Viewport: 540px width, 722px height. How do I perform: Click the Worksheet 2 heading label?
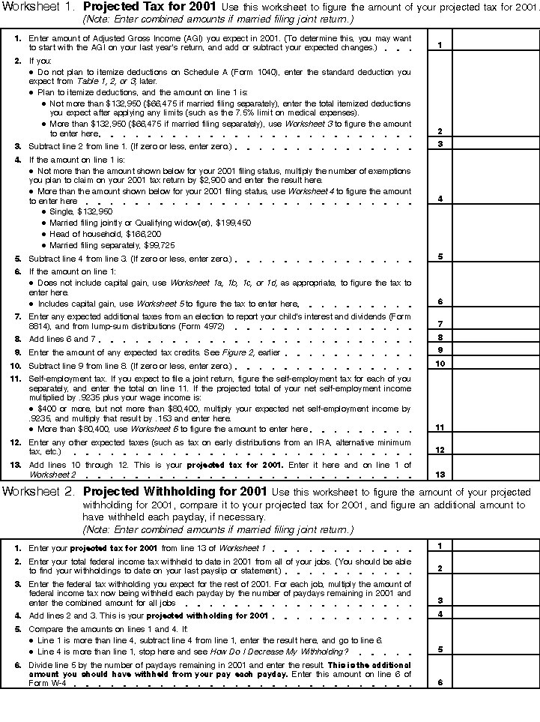38,493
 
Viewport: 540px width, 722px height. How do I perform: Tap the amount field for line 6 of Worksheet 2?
496,676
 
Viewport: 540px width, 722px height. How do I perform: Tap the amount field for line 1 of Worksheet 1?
496,40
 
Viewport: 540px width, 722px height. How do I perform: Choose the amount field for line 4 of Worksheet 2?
496,615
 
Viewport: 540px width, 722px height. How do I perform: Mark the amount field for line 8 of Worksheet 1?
496,338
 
